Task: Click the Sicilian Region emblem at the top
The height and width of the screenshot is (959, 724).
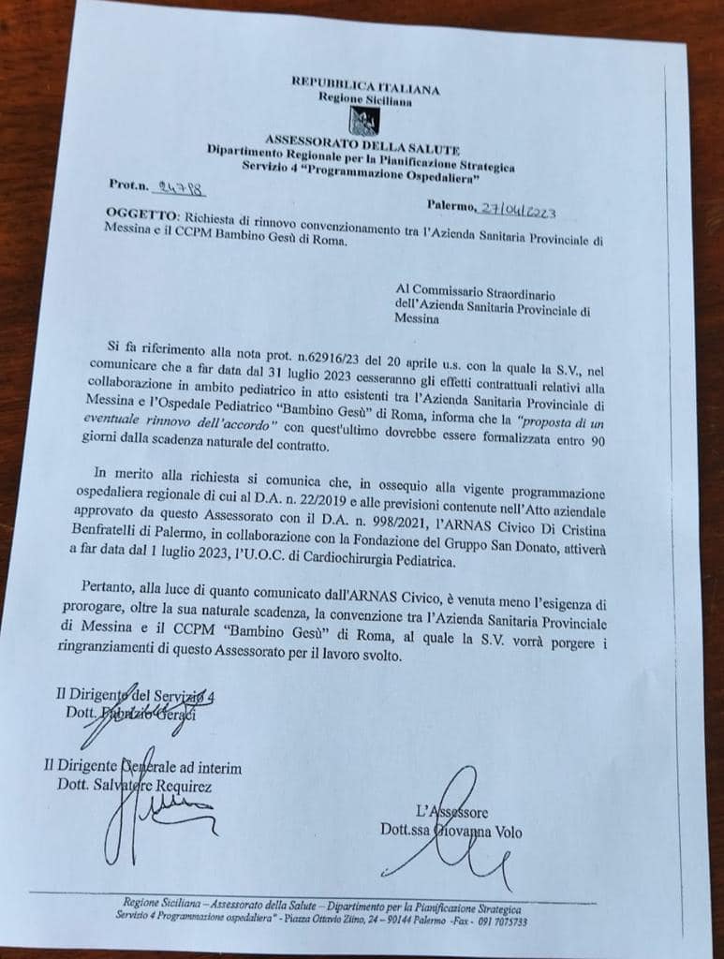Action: pos(363,121)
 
